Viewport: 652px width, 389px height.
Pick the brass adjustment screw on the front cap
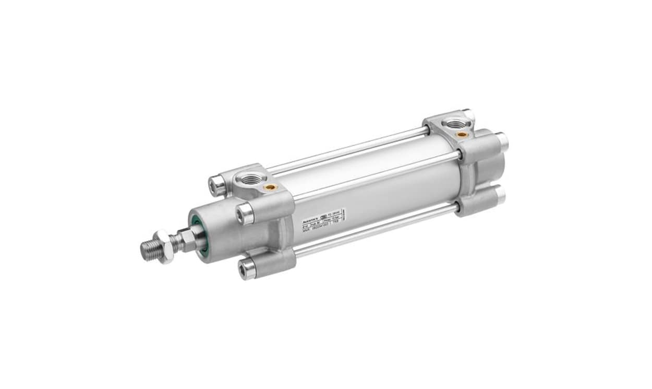(x=270, y=186)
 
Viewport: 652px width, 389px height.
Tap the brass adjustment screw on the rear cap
(x=461, y=134)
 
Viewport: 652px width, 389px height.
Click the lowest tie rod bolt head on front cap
(x=247, y=269)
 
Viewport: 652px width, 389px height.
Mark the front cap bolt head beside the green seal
(x=245, y=213)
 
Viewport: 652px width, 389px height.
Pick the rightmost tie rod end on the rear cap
(x=502, y=140)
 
